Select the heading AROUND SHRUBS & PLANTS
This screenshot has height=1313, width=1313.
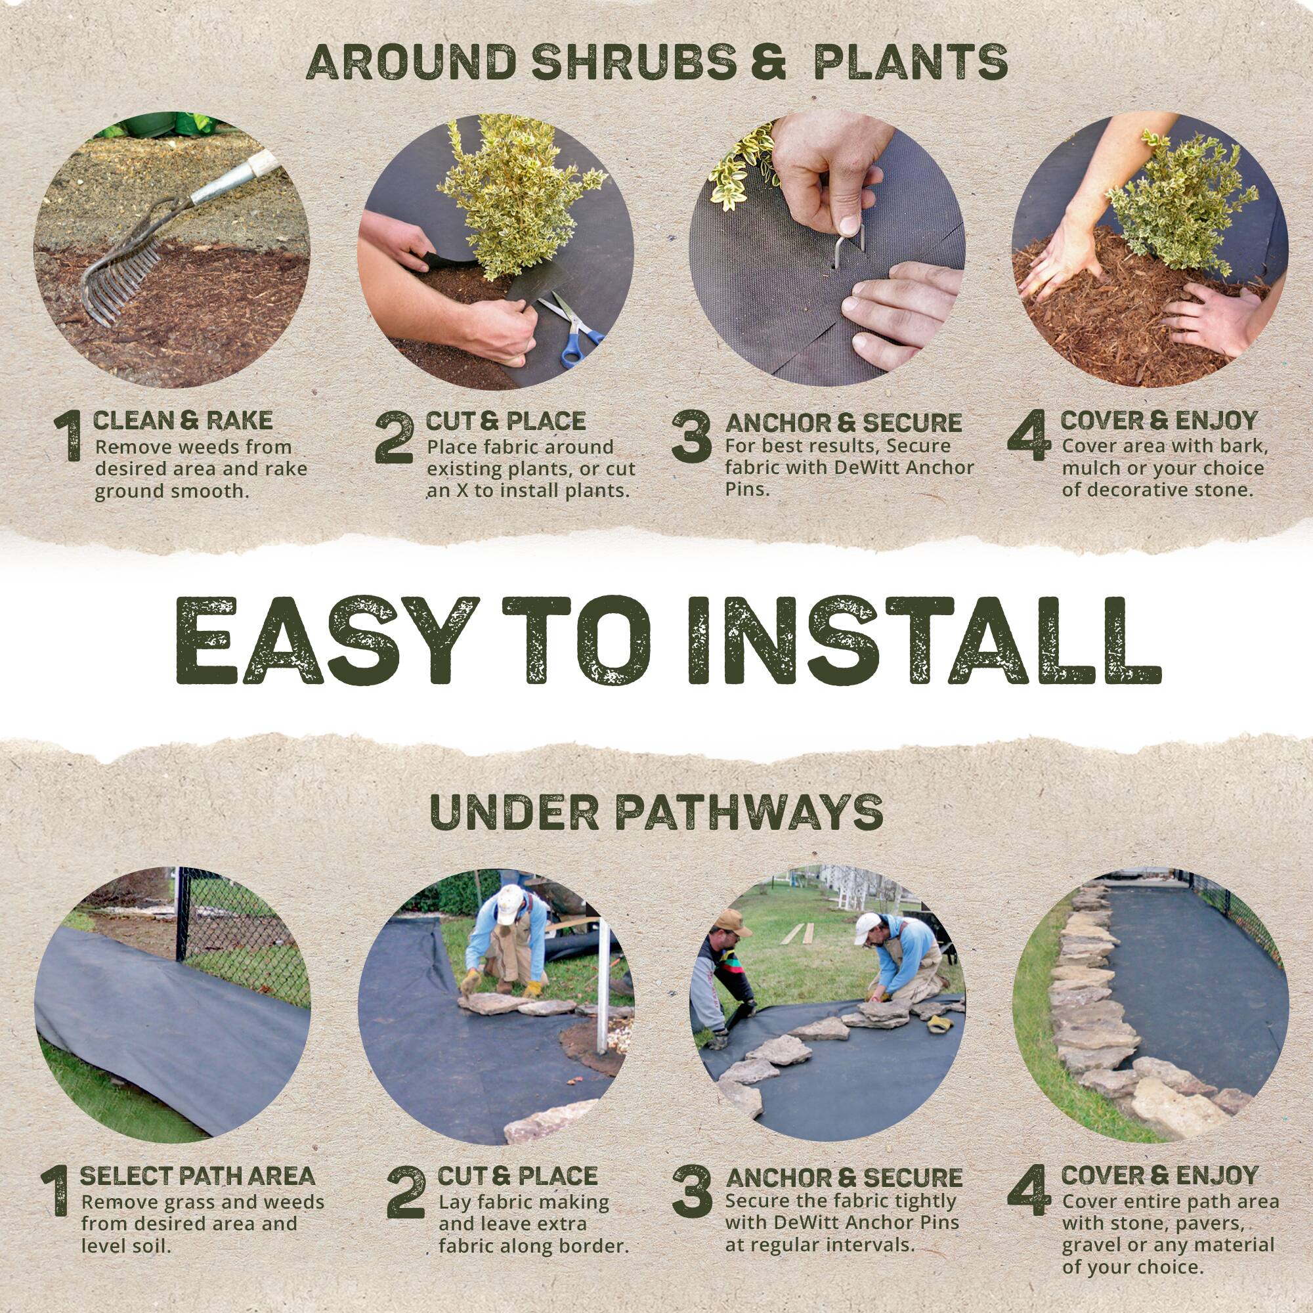(x=656, y=63)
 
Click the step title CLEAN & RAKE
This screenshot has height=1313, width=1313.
(x=182, y=421)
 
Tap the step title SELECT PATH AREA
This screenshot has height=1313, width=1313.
(x=197, y=1138)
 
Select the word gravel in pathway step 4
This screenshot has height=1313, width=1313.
(x=1093, y=1225)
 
